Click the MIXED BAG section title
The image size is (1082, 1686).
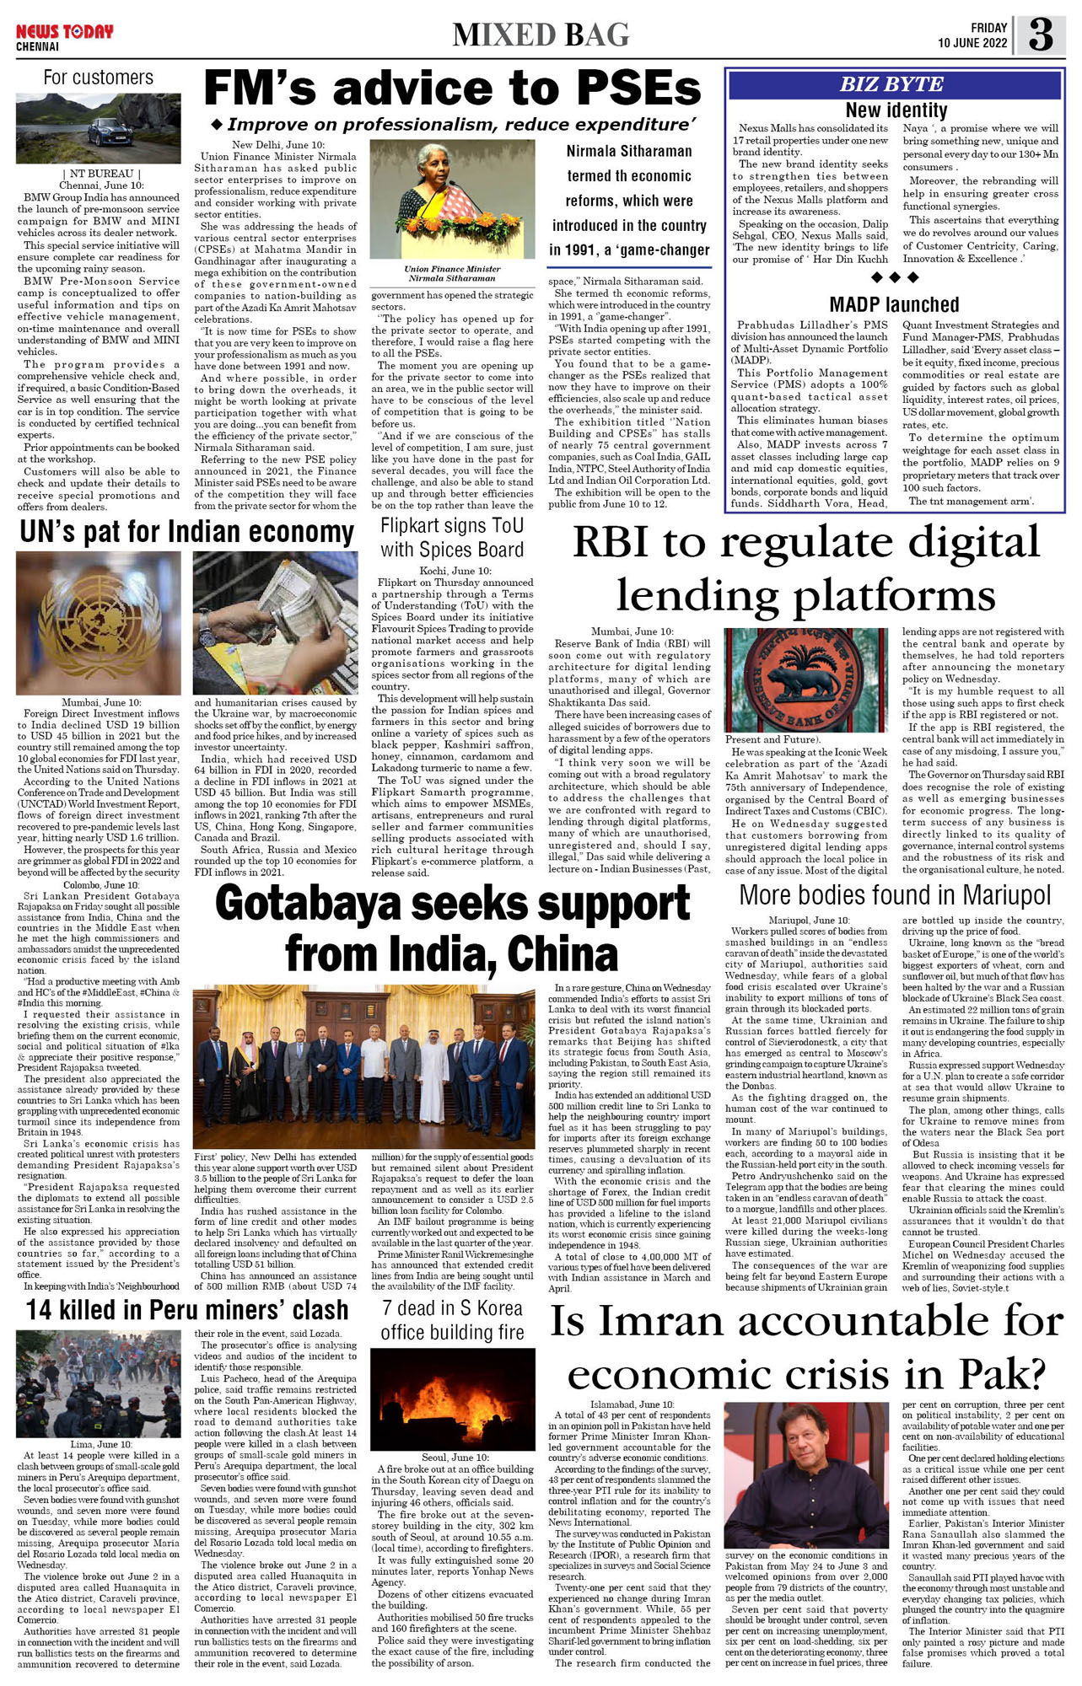(541, 35)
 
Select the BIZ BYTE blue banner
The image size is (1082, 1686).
(893, 84)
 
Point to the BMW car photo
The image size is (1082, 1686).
(99, 128)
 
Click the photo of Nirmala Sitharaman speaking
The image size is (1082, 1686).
(452, 199)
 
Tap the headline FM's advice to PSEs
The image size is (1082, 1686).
(452, 88)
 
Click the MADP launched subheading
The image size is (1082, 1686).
(894, 304)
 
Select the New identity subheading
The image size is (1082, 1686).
(896, 110)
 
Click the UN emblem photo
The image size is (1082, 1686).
(99, 623)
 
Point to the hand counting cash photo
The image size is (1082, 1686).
(275, 623)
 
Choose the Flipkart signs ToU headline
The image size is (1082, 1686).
(452, 538)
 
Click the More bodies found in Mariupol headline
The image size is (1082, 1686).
(895, 895)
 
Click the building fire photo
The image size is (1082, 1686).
(453, 1399)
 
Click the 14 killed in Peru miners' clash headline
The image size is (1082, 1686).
(187, 1309)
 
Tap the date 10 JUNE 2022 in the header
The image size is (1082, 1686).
(972, 43)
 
